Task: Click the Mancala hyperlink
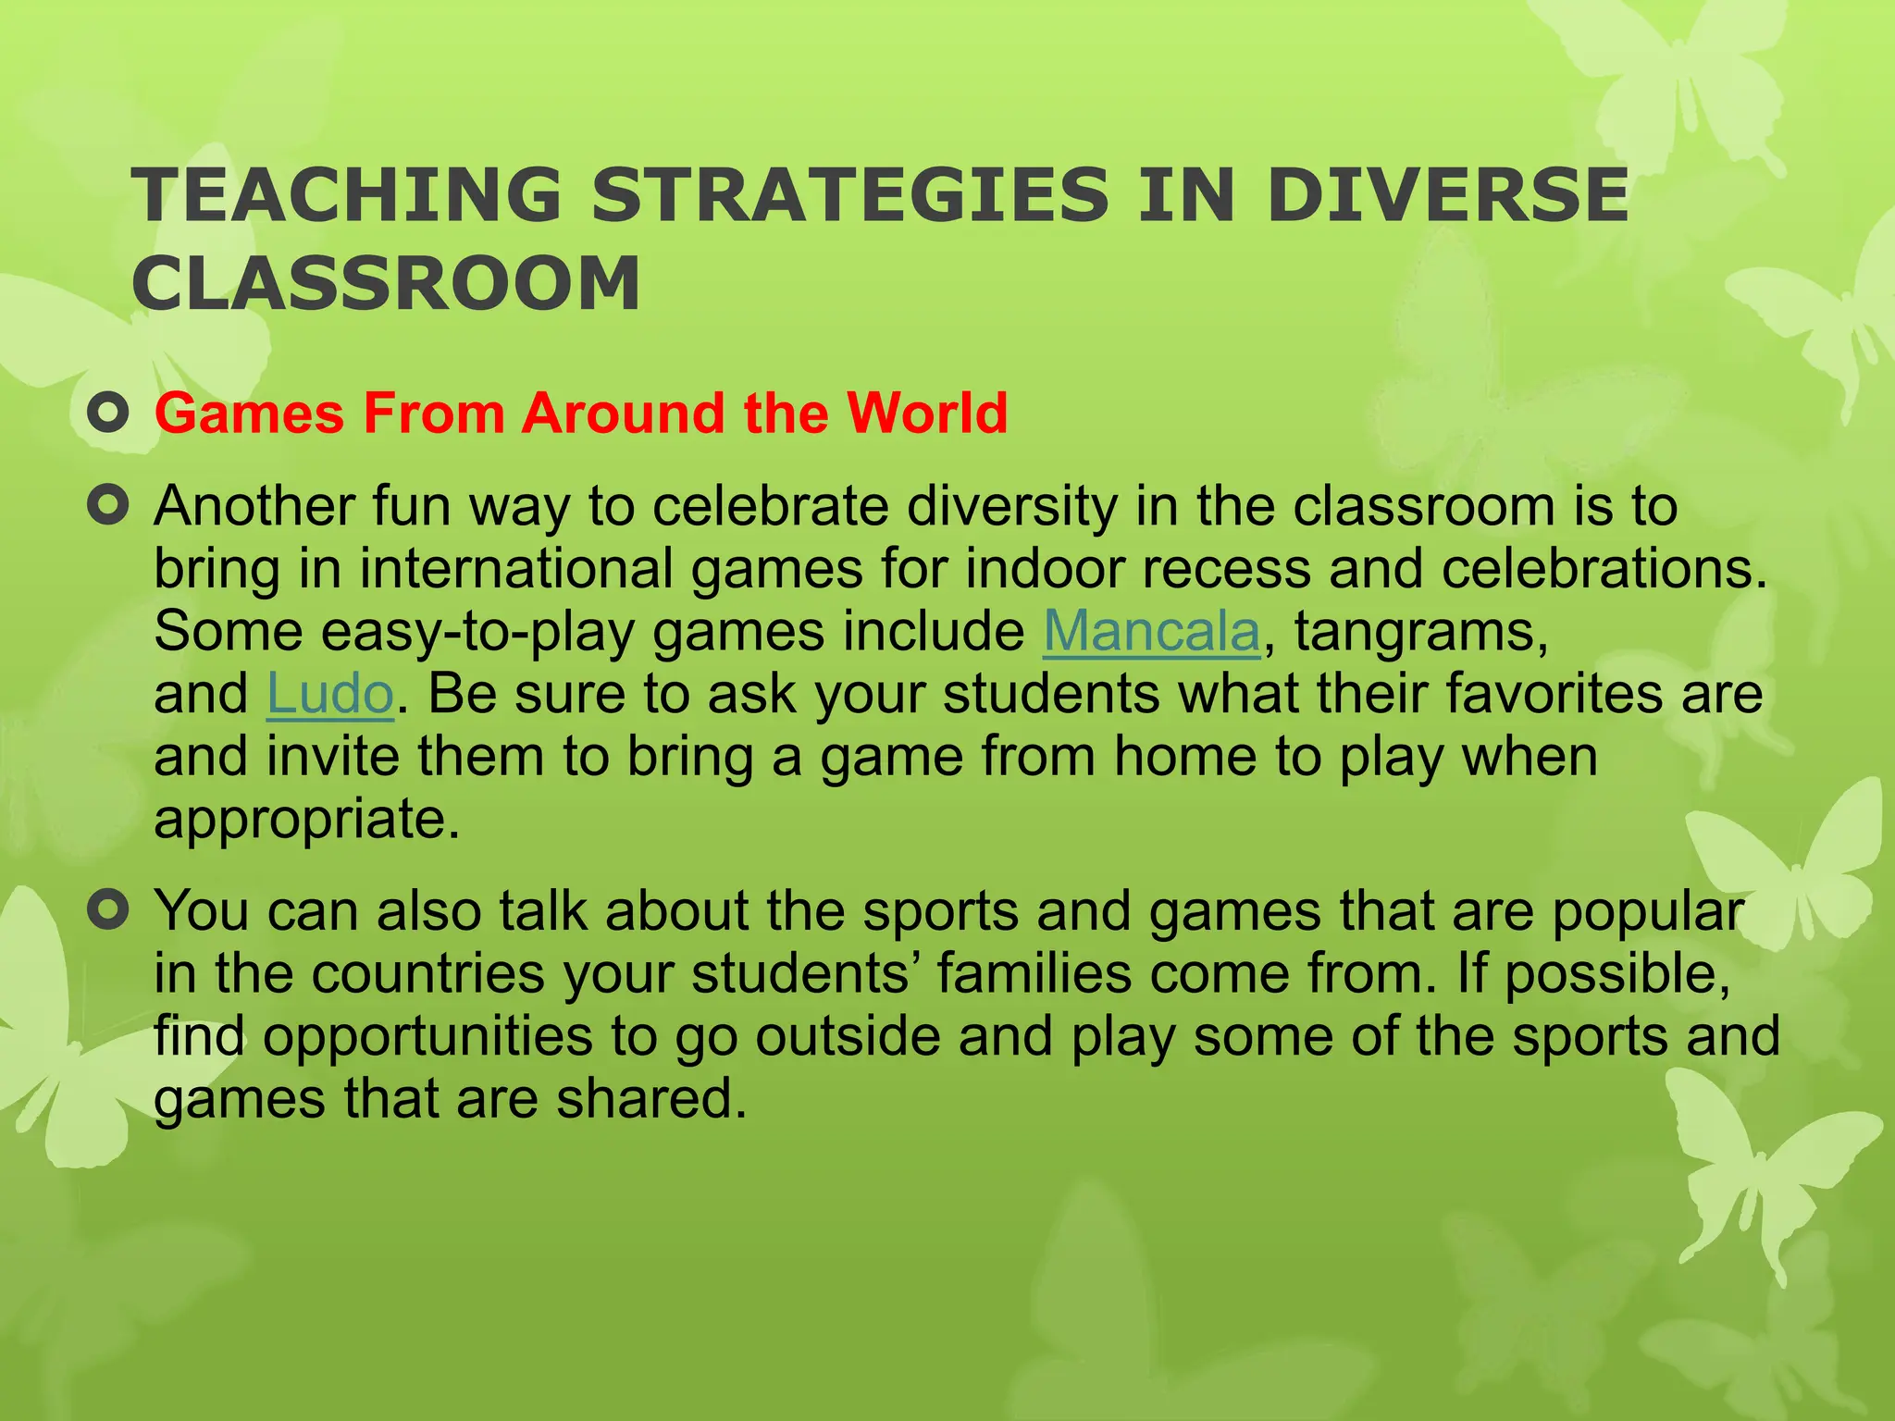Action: pos(1151,632)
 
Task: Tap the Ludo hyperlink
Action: pos(330,694)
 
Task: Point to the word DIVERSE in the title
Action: pos(1447,195)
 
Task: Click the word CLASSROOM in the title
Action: pos(387,283)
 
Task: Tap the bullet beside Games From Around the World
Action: pos(108,414)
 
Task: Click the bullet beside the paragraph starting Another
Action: pos(108,506)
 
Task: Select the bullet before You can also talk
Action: pos(108,911)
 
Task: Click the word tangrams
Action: pos(1420,632)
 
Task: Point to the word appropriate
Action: pos(306,820)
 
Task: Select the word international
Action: pos(515,569)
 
